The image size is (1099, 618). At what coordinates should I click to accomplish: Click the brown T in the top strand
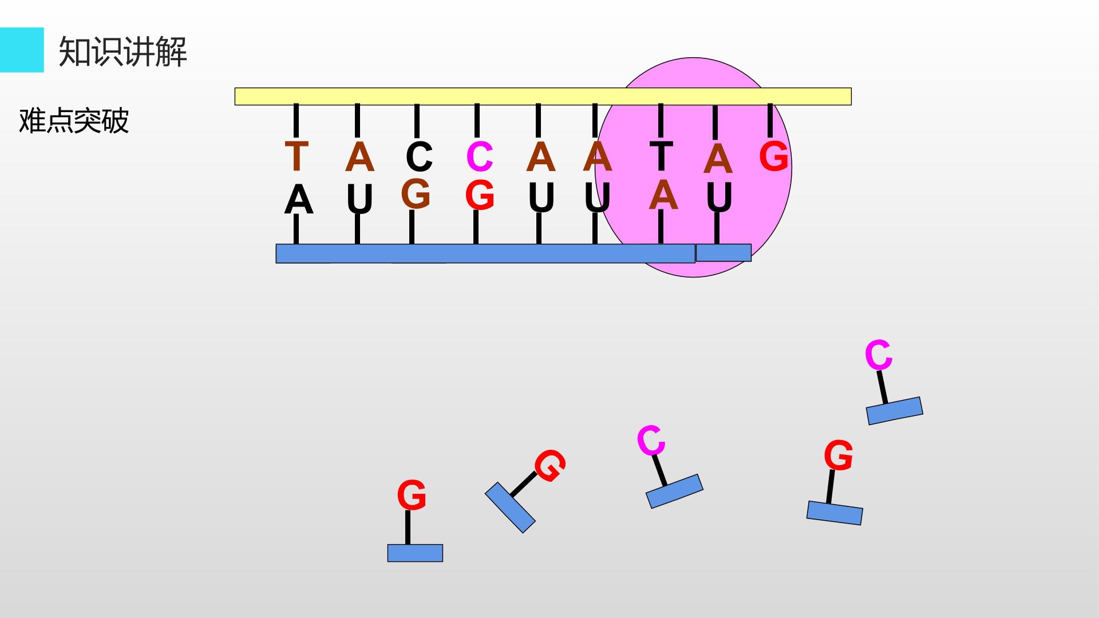[x=297, y=156]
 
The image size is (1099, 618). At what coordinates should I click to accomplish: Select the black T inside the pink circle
[x=661, y=156]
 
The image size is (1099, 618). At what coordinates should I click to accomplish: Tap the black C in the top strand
[x=419, y=156]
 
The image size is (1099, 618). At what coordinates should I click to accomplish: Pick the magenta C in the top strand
[x=480, y=156]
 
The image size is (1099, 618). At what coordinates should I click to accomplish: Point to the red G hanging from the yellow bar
[x=774, y=156]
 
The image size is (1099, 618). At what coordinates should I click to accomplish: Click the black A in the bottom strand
[x=299, y=200]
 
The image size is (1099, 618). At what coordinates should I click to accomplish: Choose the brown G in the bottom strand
[x=416, y=194]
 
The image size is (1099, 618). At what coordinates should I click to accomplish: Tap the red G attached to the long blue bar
[x=480, y=195]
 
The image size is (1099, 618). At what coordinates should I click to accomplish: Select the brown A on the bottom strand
[x=663, y=195]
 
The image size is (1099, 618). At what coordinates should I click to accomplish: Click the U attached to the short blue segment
[x=720, y=197]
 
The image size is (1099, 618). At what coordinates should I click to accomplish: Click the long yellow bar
[x=543, y=96]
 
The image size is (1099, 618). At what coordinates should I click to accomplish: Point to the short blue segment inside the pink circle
[x=724, y=252]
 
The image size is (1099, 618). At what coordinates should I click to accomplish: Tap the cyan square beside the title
[x=22, y=50]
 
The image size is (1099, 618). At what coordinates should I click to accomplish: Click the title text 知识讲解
[x=123, y=51]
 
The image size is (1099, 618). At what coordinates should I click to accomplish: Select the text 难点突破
[x=74, y=121]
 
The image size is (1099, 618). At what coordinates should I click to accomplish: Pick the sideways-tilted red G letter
[x=550, y=466]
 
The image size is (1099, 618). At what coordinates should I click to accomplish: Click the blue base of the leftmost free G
[x=415, y=553]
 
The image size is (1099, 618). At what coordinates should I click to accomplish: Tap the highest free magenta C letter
[x=879, y=355]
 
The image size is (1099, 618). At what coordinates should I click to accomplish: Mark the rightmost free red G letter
[x=839, y=455]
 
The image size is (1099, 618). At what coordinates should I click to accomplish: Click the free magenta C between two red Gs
[x=651, y=441]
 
